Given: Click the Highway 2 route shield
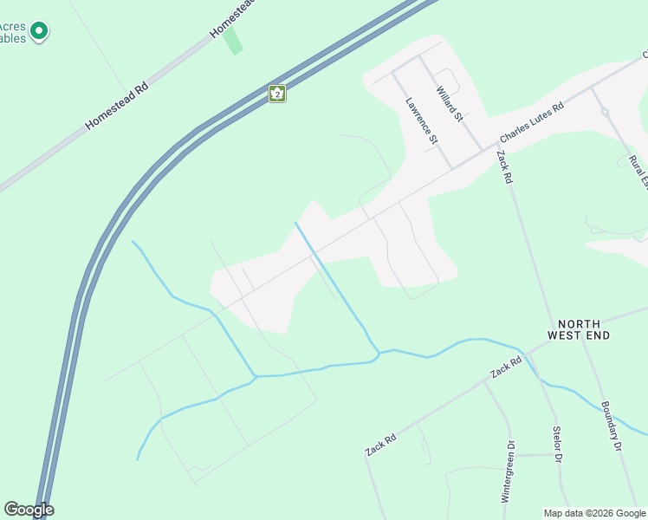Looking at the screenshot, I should [x=276, y=94].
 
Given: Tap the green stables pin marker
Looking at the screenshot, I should [x=38, y=32].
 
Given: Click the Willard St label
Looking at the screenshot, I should [x=450, y=103].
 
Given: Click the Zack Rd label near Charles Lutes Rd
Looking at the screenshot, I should [x=505, y=167].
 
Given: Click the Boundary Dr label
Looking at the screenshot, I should [x=611, y=425].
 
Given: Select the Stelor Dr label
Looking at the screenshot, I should [x=557, y=444].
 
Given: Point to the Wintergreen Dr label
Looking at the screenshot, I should [x=509, y=471].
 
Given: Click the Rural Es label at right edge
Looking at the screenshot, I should [x=638, y=170].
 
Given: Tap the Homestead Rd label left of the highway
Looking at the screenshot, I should [x=117, y=107].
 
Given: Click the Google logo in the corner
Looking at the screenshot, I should [x=29, y=510].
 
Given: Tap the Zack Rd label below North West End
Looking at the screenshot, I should [x=506, y=367].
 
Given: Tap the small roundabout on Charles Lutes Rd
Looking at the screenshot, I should [x=605, y=112].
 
